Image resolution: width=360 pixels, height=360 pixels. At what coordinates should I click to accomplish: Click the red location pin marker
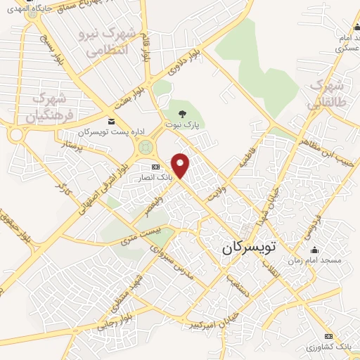(x=181, y=165)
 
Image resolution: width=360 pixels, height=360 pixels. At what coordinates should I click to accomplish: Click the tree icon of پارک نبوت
(x=183, y=113)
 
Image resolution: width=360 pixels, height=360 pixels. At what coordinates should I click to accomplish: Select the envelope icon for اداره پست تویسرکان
(x=112, y=122)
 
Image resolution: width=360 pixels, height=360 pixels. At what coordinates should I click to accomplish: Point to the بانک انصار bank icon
(x=156, y=167)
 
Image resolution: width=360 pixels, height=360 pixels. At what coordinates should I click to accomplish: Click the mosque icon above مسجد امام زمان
(x=314, y=250)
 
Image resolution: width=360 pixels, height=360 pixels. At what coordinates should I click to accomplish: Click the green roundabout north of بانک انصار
(x=146, y=147)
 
